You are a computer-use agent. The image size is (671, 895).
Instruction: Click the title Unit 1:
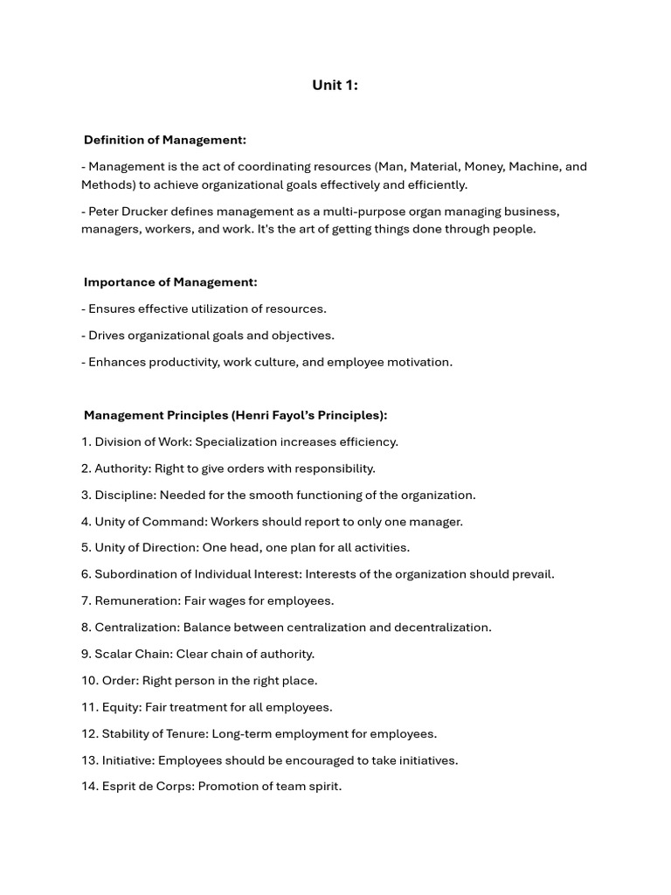pos(335,85)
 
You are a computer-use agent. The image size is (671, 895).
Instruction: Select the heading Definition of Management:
pos(165,140)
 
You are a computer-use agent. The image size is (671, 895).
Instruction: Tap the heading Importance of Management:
pos(170,282)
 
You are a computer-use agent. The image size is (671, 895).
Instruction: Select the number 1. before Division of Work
pos(86,442)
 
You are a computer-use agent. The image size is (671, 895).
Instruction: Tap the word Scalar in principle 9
pos(113,654)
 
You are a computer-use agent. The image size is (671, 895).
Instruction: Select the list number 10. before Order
pos(89,681)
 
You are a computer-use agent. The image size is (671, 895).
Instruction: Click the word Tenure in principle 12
pos(183,734)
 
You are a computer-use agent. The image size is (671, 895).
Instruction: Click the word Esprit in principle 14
pos(120,787)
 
